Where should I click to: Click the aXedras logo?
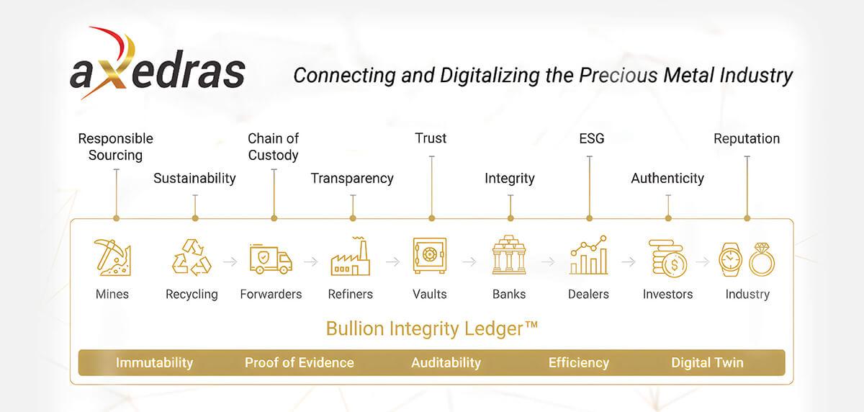click(158, 63)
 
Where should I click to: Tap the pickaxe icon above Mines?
click(112, 257)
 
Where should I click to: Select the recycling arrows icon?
click(192, 257)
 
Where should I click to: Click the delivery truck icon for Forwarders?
click(271, 259)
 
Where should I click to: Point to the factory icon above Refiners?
click(350, 256)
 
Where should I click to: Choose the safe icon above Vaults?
click(430, 256)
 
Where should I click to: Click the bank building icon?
click(509, 255)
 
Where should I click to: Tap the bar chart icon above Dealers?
click(589, 255)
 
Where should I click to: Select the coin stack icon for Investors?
click(667, 259)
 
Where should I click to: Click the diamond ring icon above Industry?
click(762, 259)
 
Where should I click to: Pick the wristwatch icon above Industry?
click(731, 259)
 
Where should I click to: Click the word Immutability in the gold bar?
click(154, 362)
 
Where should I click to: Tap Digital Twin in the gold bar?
click(707, 362)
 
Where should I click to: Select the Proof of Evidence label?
click(300, 362)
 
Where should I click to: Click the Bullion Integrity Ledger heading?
click(432, 329)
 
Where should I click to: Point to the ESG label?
click(592, 138)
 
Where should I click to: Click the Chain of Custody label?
click(273, 147)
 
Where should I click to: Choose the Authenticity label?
click(667, 178)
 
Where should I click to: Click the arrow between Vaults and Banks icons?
click(469, 262)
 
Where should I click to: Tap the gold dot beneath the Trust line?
click(431, 218)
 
